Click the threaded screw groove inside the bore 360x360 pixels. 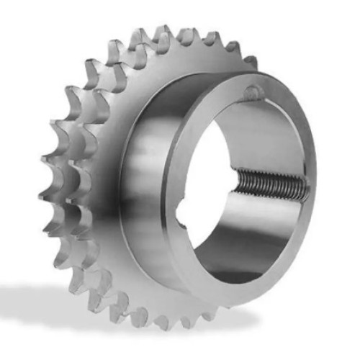point(270,186)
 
